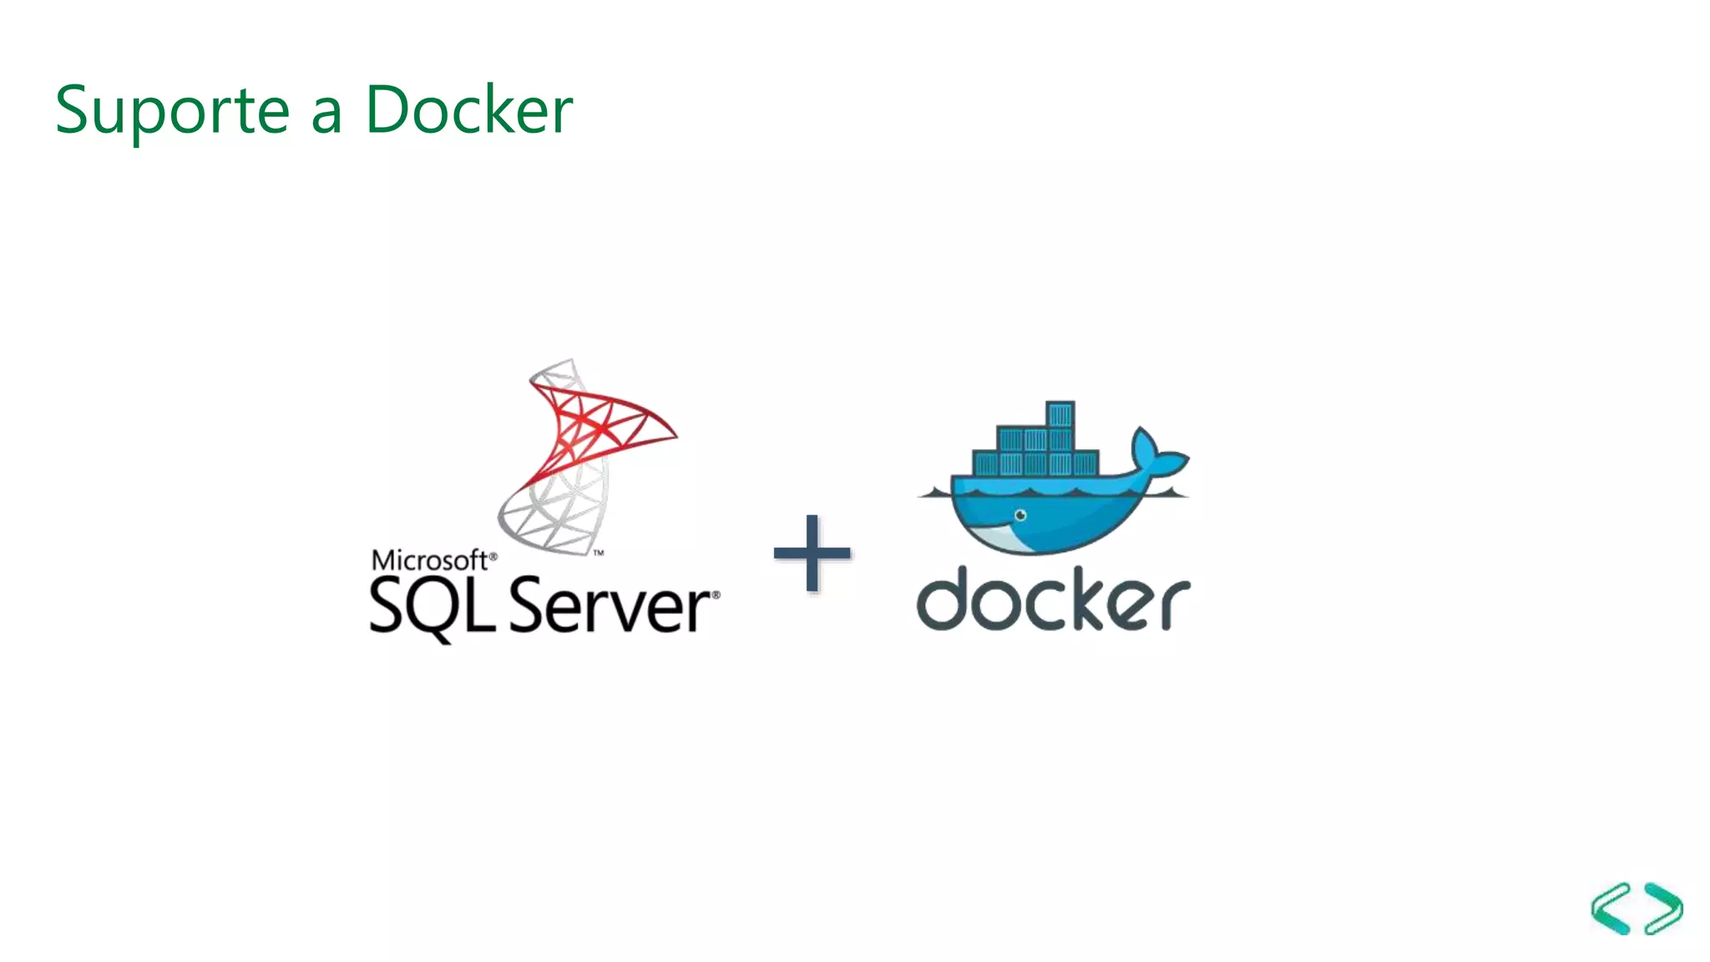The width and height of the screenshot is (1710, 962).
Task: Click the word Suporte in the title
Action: tap(172, 110)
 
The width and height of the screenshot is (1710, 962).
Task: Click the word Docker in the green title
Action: tap(469, 110)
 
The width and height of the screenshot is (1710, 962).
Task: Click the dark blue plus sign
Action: tap(812, 553)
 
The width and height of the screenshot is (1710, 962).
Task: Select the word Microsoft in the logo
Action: tap(429, 560)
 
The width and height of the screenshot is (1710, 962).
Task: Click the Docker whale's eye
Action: tap(1019, 516)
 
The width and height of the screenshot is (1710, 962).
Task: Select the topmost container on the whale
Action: tap(1060, 414)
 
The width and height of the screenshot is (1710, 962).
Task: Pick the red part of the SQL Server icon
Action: tap(601, 426)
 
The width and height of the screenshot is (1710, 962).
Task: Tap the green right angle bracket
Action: tap(1664, 909)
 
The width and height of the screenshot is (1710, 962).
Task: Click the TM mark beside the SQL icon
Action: tap(599, 553)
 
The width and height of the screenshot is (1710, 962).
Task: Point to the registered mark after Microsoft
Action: tap(493, 555)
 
